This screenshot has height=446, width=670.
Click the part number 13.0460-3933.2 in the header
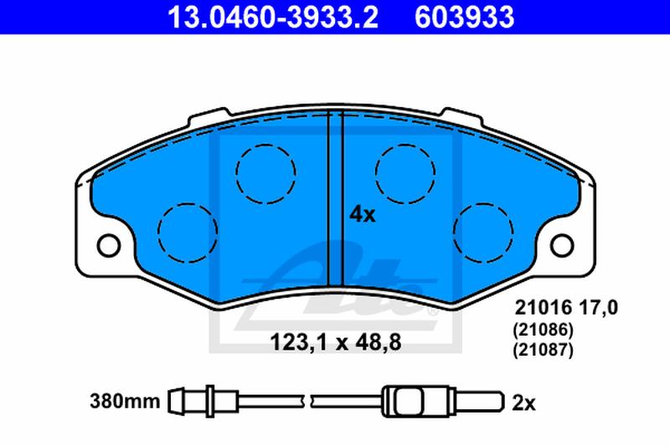273,17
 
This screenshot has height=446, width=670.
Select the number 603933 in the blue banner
465,17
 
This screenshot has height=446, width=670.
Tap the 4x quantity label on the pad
363,215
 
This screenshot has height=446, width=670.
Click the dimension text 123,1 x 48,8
336,342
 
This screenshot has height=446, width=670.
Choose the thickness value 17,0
598,308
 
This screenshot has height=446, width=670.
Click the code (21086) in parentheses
543,330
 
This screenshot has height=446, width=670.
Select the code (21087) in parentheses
543,350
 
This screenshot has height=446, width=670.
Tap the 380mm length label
125,401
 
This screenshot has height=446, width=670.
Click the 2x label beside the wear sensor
523,402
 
